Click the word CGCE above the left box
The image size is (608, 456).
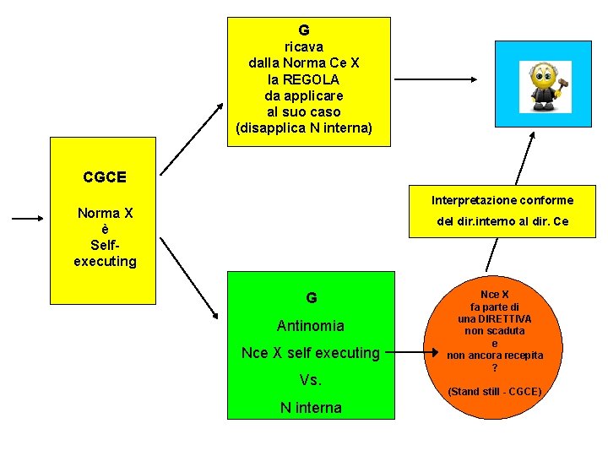click(105, 177)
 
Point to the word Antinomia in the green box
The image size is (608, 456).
click(311, 326)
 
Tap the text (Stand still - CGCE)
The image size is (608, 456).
click(495, 392)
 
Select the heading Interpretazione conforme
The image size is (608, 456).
click(502, 200)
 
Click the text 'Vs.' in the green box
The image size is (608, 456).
click(311, 381)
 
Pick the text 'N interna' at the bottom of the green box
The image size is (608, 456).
click(311, 408)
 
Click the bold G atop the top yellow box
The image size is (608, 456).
click(304, 30)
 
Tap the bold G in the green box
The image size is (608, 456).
click(312, 298)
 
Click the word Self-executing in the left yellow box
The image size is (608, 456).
click(105, 253)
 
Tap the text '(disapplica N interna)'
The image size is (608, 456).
click(304, 128)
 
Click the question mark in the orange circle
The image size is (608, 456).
click(495, 368)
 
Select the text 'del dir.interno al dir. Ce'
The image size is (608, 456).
click(502, 222)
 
